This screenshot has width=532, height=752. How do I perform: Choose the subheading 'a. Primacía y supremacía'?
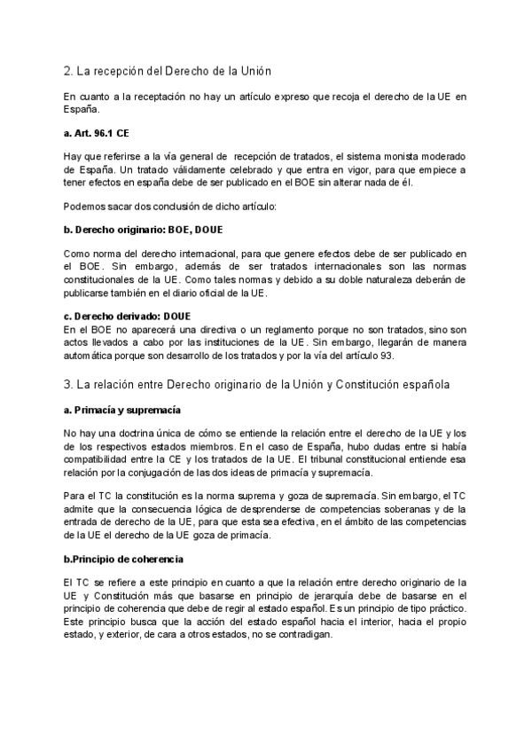click(x=122, y=411)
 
